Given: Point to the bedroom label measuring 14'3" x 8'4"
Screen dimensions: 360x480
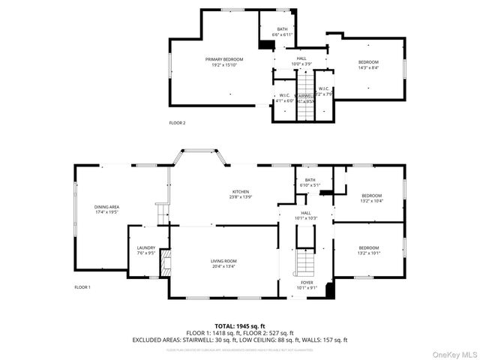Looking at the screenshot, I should [x=367, y=61].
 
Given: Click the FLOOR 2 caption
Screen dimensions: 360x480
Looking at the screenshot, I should [x=177, y=122].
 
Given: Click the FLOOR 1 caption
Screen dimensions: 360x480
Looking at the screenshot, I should [x=82, y=287].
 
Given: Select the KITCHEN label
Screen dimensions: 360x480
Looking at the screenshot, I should [x=240, y=191].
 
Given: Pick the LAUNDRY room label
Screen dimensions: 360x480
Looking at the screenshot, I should [x=145, y=248].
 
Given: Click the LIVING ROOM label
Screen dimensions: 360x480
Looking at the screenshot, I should [x=224, y=260].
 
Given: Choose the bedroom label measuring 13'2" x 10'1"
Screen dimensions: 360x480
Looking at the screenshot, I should [x=368, y=247].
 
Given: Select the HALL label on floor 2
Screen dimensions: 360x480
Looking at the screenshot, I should [x=301, y=58].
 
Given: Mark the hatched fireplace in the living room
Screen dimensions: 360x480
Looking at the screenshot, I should [x=167, y=262].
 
